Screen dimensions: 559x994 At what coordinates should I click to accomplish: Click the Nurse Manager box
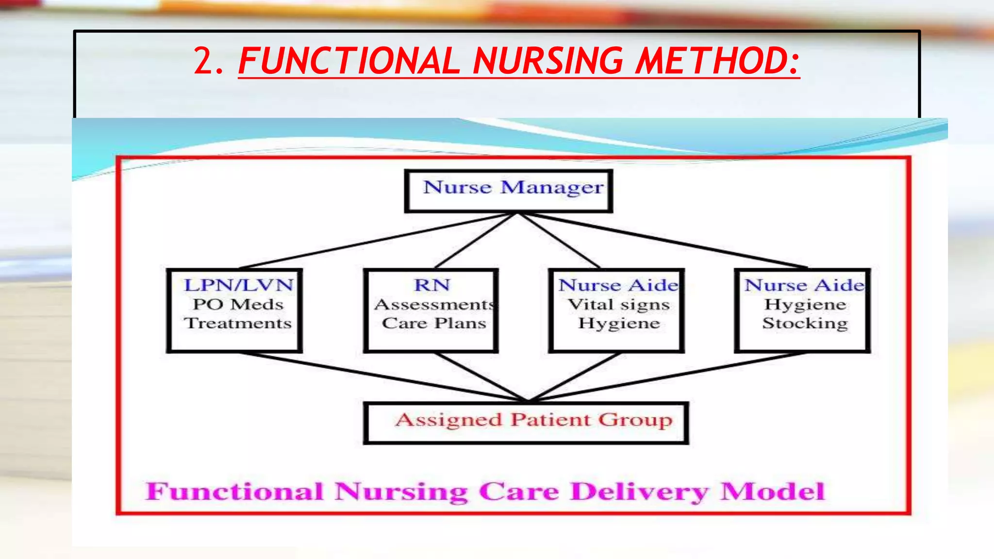tap(509, 191)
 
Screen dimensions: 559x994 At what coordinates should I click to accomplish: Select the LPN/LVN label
tap(238, 285)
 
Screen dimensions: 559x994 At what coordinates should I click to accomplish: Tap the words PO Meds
tap(238, 304)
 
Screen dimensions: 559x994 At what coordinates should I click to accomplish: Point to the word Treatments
tap(238, 323)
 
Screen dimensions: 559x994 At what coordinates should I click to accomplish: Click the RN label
tap(432, 285)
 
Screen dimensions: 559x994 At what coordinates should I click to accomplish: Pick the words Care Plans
tap(434, 323)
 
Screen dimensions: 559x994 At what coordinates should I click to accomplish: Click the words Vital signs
tap(619, 304)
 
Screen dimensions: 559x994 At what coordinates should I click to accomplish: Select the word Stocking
tap(805, 323)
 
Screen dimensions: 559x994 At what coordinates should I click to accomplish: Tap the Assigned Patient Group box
tap(526, 423)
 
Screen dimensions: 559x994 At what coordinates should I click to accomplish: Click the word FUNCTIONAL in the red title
tap(348, 61)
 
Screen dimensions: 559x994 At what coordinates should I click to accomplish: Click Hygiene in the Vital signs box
tap(619, 323)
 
